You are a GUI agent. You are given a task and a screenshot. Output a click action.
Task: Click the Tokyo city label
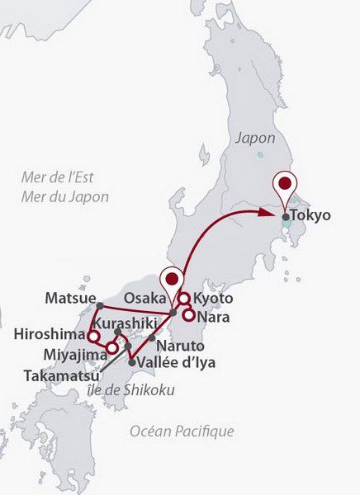click(312, 216)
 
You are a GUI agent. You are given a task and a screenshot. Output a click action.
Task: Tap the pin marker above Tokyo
click(286, 185)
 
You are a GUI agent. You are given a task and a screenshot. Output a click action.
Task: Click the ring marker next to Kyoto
click(184, 299)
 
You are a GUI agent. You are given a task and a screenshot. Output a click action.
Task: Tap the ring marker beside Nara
click(189, 314)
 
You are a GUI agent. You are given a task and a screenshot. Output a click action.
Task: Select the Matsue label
click(70, 298)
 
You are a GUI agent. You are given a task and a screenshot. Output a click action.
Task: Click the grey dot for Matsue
click(99, 306)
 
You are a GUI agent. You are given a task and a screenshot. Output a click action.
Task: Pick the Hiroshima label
click(50, 335)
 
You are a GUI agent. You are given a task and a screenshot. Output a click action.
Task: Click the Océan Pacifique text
click(182, 431)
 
